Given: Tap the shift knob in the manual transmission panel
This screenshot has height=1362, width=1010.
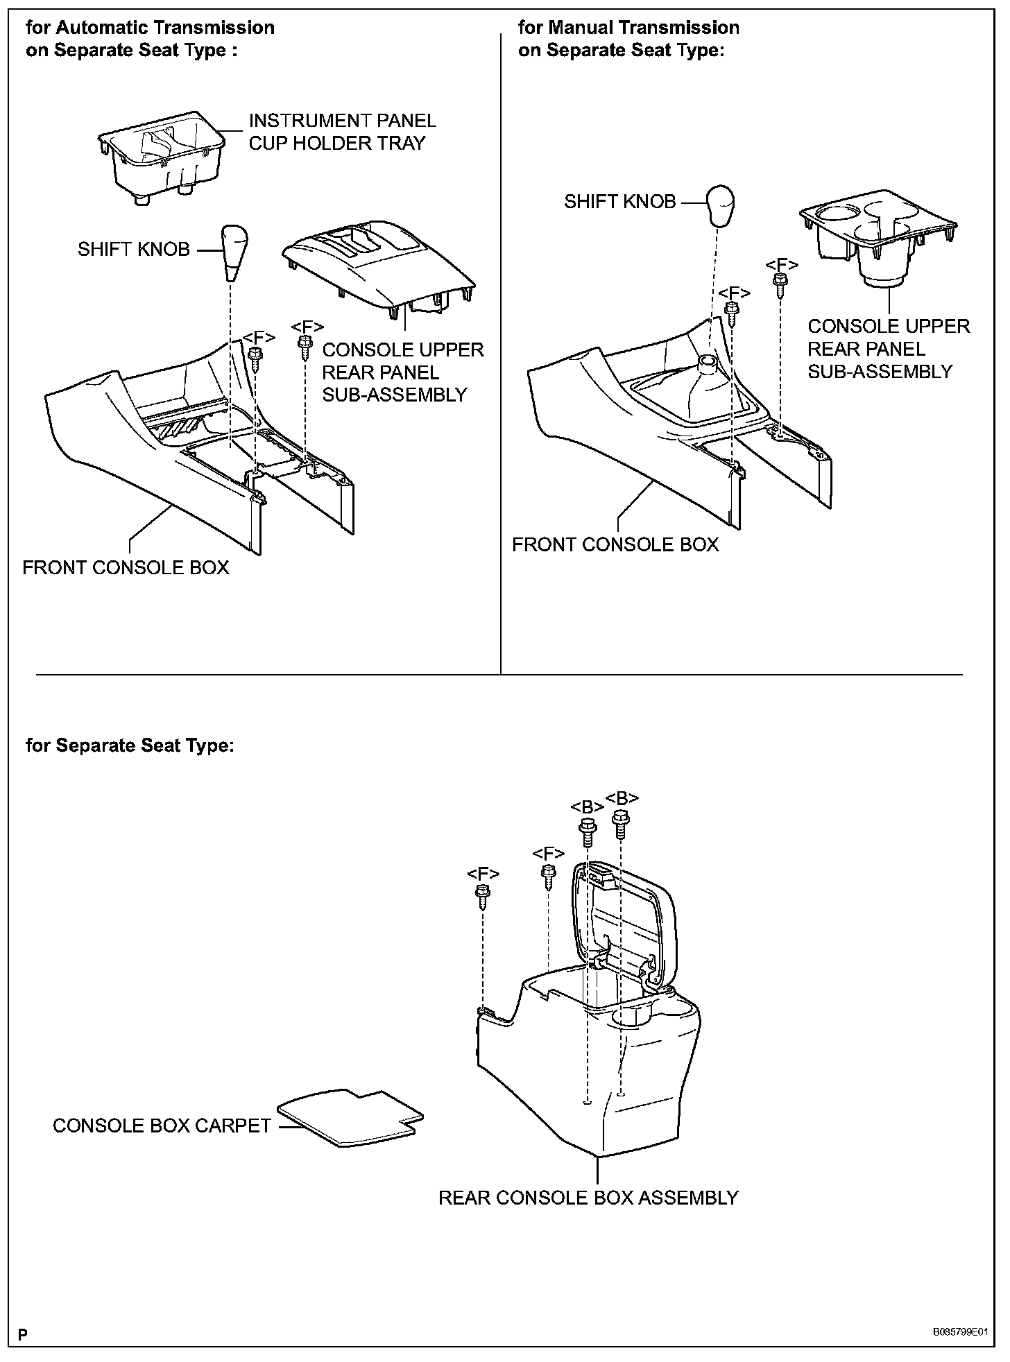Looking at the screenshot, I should pos(720,204).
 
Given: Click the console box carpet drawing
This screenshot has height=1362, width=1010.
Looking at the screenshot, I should pos(351,1117).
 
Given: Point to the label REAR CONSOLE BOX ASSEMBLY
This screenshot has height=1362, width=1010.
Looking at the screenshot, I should pos(588,1198).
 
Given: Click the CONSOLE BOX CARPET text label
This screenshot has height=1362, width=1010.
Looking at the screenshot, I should pos(162,1126).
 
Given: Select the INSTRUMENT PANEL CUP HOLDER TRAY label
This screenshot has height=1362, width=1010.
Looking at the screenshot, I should pos(342,132).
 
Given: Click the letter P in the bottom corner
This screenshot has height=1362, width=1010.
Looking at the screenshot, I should pos(23,1334).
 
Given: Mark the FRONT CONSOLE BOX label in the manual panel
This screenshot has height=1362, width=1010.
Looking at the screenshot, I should pos(615,544).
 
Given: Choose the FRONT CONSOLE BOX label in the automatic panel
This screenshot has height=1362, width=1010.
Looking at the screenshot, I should pos(126,567).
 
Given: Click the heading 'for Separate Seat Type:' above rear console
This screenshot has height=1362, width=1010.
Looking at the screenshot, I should pos(130,745).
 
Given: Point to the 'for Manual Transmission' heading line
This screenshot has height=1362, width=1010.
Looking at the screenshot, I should pos(628,28).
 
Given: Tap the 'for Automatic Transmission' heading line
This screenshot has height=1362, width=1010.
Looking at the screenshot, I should pos(150,28).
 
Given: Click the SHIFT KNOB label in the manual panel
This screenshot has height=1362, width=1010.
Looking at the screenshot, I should pos(619,202).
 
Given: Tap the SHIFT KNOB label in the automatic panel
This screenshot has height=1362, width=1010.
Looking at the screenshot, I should pos(133,250).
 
